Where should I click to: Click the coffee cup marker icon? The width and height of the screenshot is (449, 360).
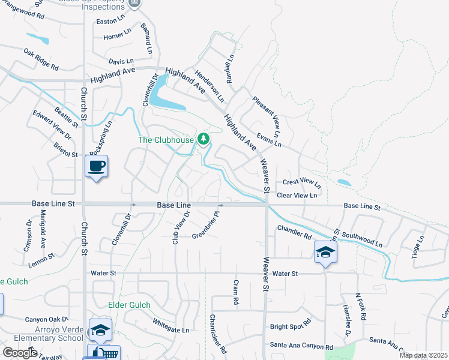(x=97, y=166)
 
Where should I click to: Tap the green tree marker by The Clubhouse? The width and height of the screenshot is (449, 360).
(x=204, y=139)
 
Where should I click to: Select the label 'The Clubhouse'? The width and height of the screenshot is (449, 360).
(x=166, y=140)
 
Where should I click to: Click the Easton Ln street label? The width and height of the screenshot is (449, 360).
(x=113, y=22)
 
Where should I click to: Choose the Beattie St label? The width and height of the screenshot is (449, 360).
(x=66, y=116)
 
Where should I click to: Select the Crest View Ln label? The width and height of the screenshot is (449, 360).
(x=302, y=181)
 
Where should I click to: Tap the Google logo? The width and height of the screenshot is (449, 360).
(x=20, y=353)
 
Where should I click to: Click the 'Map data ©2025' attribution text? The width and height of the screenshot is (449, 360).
(x=423, y=355)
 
